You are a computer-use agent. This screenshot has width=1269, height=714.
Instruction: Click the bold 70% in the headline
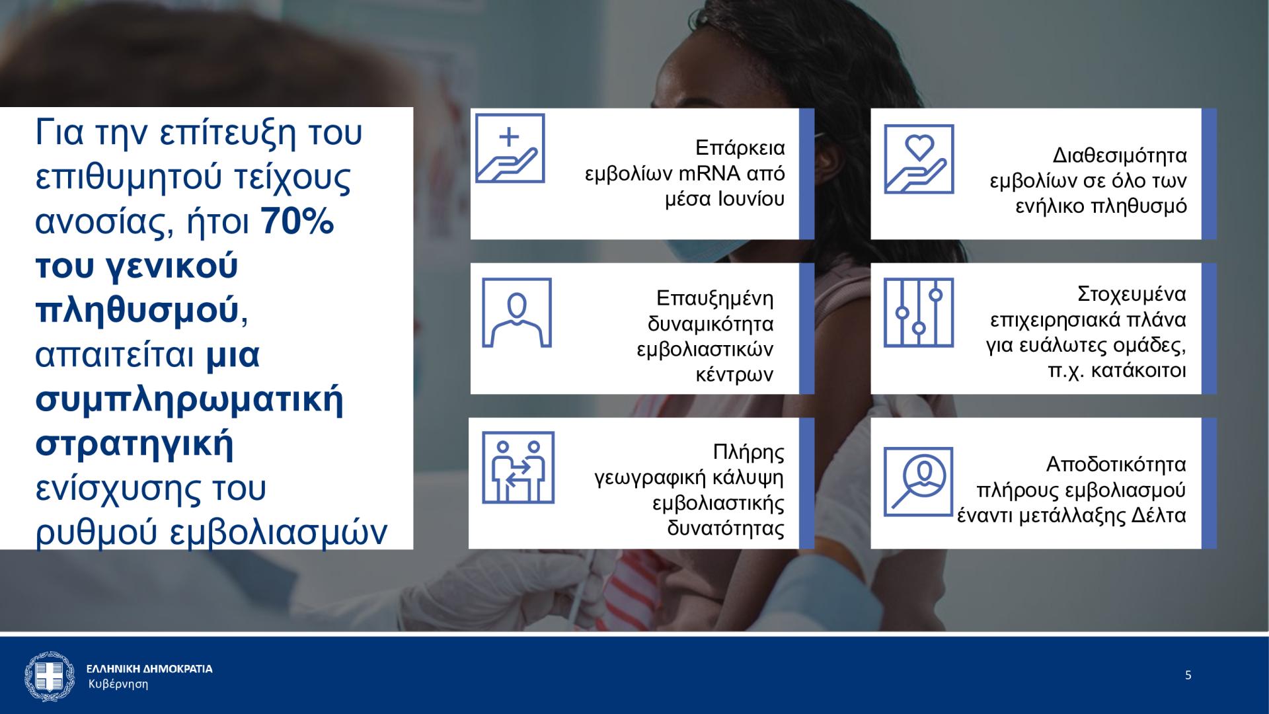coord(297,223)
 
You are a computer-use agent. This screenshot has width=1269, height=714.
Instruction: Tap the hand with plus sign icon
coord(510,148)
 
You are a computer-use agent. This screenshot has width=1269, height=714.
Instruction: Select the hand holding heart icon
coord(919,159)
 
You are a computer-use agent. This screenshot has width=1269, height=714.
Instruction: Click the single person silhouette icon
coord(517,313)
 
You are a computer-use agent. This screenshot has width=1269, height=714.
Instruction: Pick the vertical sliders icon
coord(919,313)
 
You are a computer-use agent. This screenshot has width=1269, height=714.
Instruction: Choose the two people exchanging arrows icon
coord(518,467)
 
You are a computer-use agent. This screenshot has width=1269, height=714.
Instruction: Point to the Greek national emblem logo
coord(46,676)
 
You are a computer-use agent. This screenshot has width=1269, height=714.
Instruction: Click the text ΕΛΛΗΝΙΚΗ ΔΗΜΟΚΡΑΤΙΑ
coord(150,669)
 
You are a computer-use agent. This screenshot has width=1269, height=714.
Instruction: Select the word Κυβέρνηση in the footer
coord(118,684)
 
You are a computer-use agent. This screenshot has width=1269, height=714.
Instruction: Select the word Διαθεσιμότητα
coord(1120,156)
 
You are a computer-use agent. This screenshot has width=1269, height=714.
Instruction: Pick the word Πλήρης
coord(749,453)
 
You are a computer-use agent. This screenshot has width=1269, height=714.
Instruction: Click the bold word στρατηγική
coord(134,444)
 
